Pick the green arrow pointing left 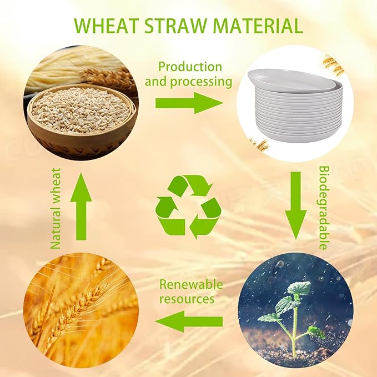(189, 321)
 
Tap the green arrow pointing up (81, 207)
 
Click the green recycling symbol (188, 207)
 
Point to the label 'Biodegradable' (324, 207)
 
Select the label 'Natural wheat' (55, 207)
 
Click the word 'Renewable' (191, 285)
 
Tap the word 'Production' (190, 67)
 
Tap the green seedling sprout (295, 311)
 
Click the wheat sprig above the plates (334, 64)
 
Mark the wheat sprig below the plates (259, 144)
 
